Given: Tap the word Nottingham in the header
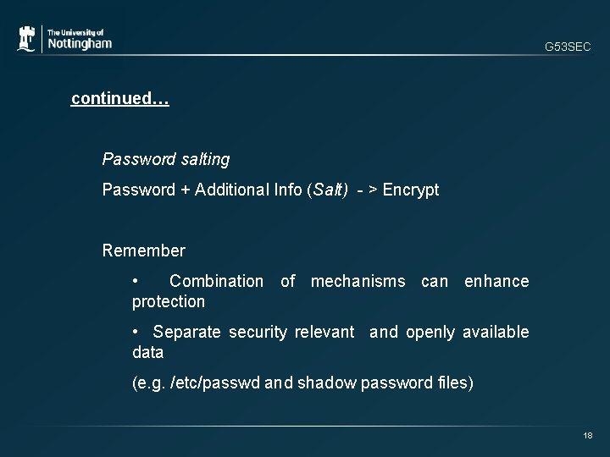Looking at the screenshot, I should [79, 44].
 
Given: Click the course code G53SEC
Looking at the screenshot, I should [568, 47].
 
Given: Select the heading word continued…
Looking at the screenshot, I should [120, 99].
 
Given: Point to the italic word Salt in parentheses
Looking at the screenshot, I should [330, 190].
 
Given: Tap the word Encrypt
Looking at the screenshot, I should [411, 190].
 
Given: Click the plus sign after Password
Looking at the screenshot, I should [185, 190].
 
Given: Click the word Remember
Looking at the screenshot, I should [143, 251].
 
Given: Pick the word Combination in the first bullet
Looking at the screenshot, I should [216, 281].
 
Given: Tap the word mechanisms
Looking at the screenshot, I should [358, 281].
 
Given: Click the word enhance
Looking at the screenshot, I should [496, 281].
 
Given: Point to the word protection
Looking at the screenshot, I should [169, 301].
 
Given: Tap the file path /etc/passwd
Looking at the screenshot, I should [215, 383].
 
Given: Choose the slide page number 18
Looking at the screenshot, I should [587, 435].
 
